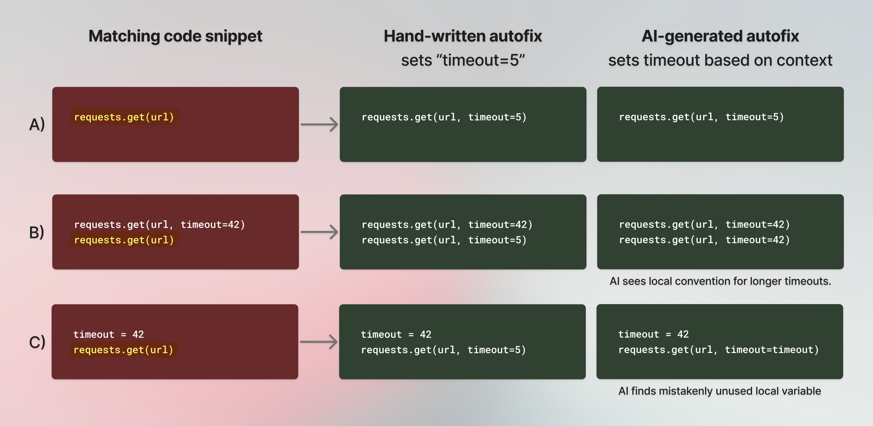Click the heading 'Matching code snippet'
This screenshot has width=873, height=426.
[175, 36]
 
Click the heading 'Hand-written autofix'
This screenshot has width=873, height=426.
[462, 36]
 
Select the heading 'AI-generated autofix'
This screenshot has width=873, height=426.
[720, 36]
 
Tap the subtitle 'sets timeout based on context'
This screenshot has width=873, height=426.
[720, 61]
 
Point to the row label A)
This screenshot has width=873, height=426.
[37, 124]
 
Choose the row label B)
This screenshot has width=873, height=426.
[37, 232]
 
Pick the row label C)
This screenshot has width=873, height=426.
[37, 342]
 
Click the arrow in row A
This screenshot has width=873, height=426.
[319, 124]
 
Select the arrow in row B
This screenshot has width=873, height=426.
[319, 232]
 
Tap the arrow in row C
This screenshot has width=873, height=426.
[319, 342]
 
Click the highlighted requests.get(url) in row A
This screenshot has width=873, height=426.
[124, 117]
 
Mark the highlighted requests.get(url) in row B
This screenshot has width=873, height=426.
[124, 240]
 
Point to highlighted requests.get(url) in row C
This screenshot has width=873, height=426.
[123, 350]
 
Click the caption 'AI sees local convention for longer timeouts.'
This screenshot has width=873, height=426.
[720, 281]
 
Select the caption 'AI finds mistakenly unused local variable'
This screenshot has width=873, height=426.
[720, 391]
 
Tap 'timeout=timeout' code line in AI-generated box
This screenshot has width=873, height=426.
[719, 350]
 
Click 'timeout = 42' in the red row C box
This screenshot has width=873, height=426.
[109, 335]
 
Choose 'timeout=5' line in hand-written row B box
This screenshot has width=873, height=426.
[444, 240]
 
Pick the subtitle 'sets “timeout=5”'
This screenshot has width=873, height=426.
[462, 61]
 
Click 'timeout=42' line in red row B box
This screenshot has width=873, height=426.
[159, 224]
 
